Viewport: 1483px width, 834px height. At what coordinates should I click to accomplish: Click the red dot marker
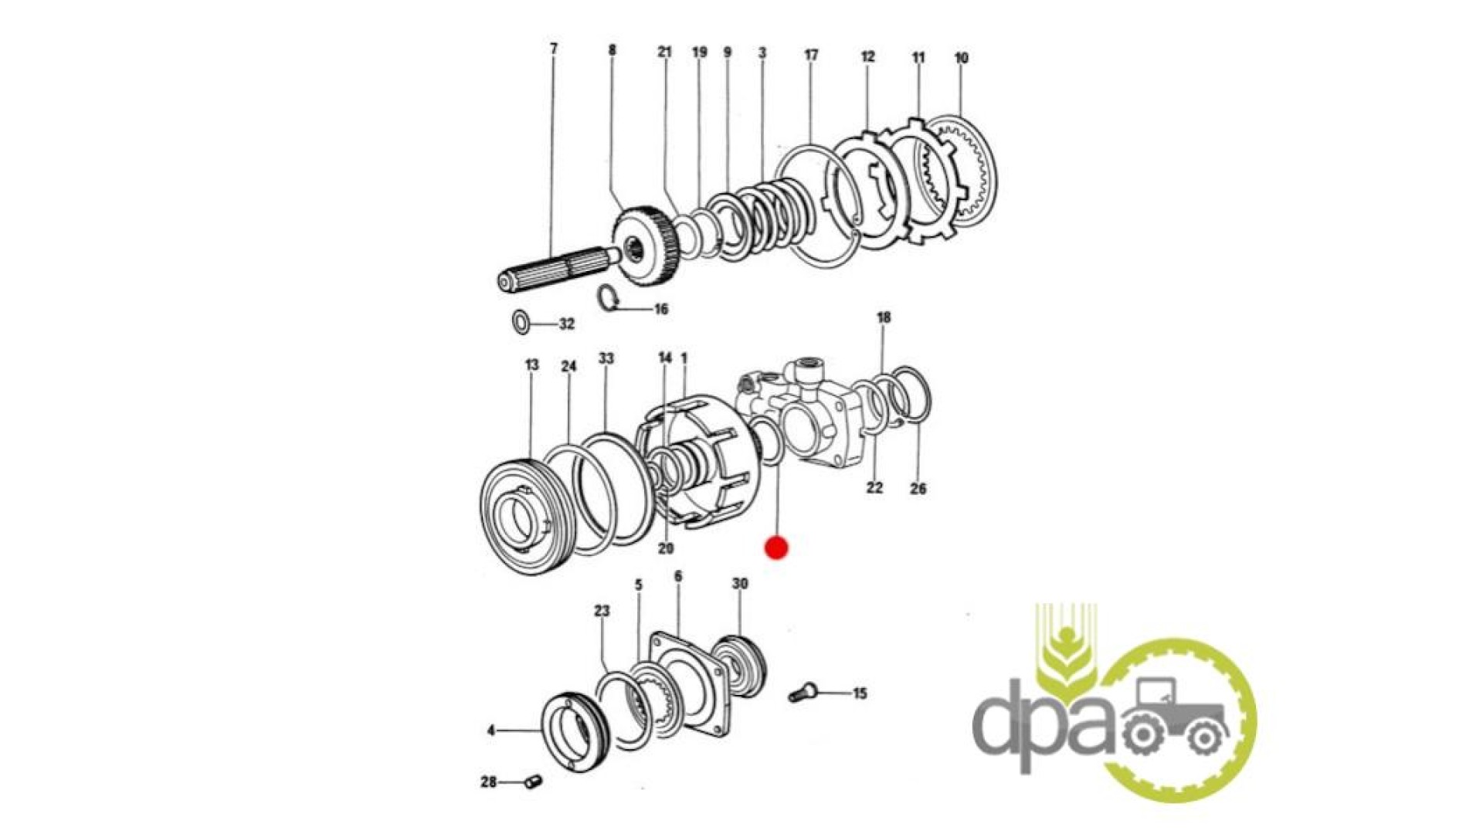click(776, 548)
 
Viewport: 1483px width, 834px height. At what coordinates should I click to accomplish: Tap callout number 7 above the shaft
click(553, 49)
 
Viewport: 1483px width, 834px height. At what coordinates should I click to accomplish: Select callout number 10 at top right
click(961, 58)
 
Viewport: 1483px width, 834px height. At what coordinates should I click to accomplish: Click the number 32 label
click(567, 324)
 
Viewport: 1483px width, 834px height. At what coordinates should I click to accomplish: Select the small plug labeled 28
click(532, 782)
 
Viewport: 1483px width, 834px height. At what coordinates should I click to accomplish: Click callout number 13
click(531, 364)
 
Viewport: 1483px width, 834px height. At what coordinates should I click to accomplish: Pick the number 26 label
click(918, 488)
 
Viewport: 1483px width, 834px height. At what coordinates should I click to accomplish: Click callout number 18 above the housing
click(884, 317)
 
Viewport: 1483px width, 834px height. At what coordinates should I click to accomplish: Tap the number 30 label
click(740, 583)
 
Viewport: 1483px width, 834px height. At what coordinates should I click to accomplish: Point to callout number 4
click(490, 730)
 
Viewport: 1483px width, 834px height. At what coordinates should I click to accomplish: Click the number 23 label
click(602, 611)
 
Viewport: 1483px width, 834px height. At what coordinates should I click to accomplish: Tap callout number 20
click(666, 548)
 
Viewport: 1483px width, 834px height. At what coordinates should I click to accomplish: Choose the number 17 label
click(811, 55)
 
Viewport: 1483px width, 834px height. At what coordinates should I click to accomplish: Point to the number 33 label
click(606, 358)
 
